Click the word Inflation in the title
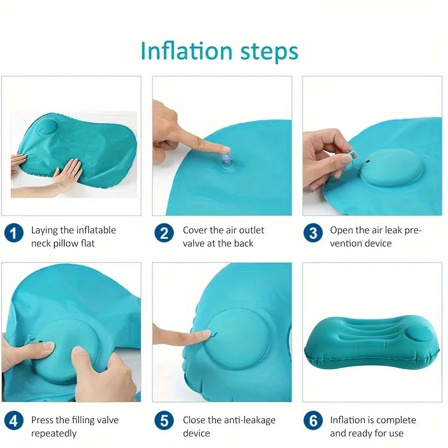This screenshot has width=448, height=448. (179, 51)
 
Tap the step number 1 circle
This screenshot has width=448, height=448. (14, 233)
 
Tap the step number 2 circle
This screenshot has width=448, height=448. (164, 233)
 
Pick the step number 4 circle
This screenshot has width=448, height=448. (14, 421)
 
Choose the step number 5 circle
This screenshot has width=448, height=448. (164, 421)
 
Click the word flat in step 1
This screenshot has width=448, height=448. (85, 243)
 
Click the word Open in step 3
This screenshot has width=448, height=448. (341, 230)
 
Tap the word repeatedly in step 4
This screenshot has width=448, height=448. (54, 433)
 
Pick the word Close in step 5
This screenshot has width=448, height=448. (195, 420)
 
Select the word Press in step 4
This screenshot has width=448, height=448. (43, 420)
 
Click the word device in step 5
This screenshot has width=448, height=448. (197, 433)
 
